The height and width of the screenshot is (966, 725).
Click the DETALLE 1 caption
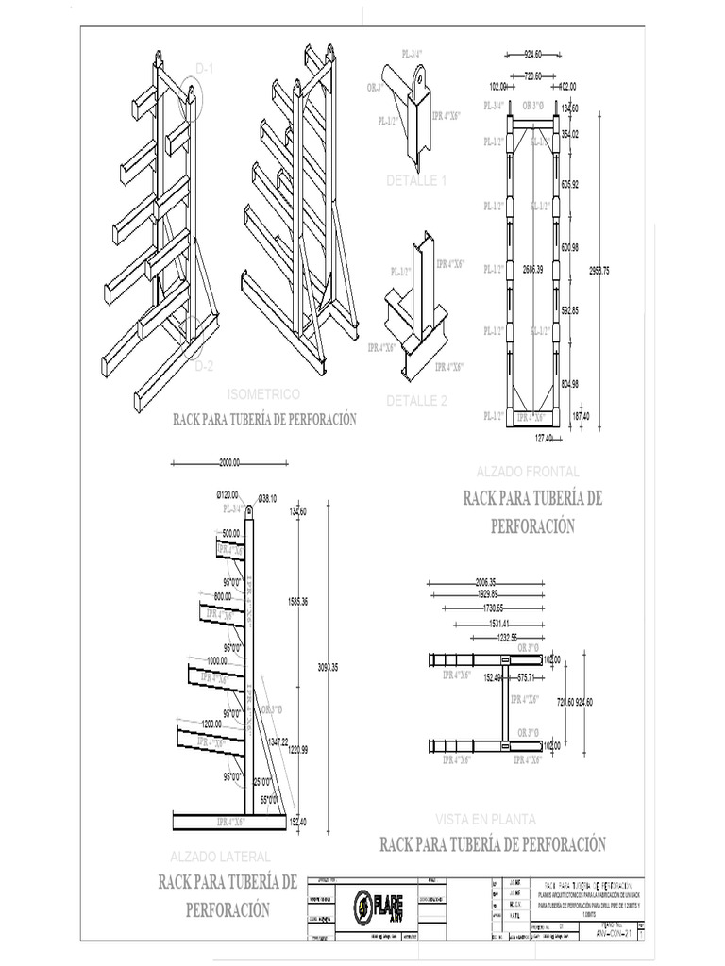click(416, 180)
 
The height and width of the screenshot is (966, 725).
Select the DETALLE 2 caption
click(416, 400)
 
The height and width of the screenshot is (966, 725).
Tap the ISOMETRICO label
click(264, 392)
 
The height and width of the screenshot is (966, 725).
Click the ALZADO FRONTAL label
click(530, 471)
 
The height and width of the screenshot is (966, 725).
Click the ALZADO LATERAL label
click(220, 857)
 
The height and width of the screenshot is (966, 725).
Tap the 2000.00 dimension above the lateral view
click(230, 463)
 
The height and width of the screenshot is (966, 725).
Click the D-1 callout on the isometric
click(205, 68)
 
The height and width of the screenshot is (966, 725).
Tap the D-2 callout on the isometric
click(205, 365)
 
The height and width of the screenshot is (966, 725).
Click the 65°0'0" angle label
click(270, 800)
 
